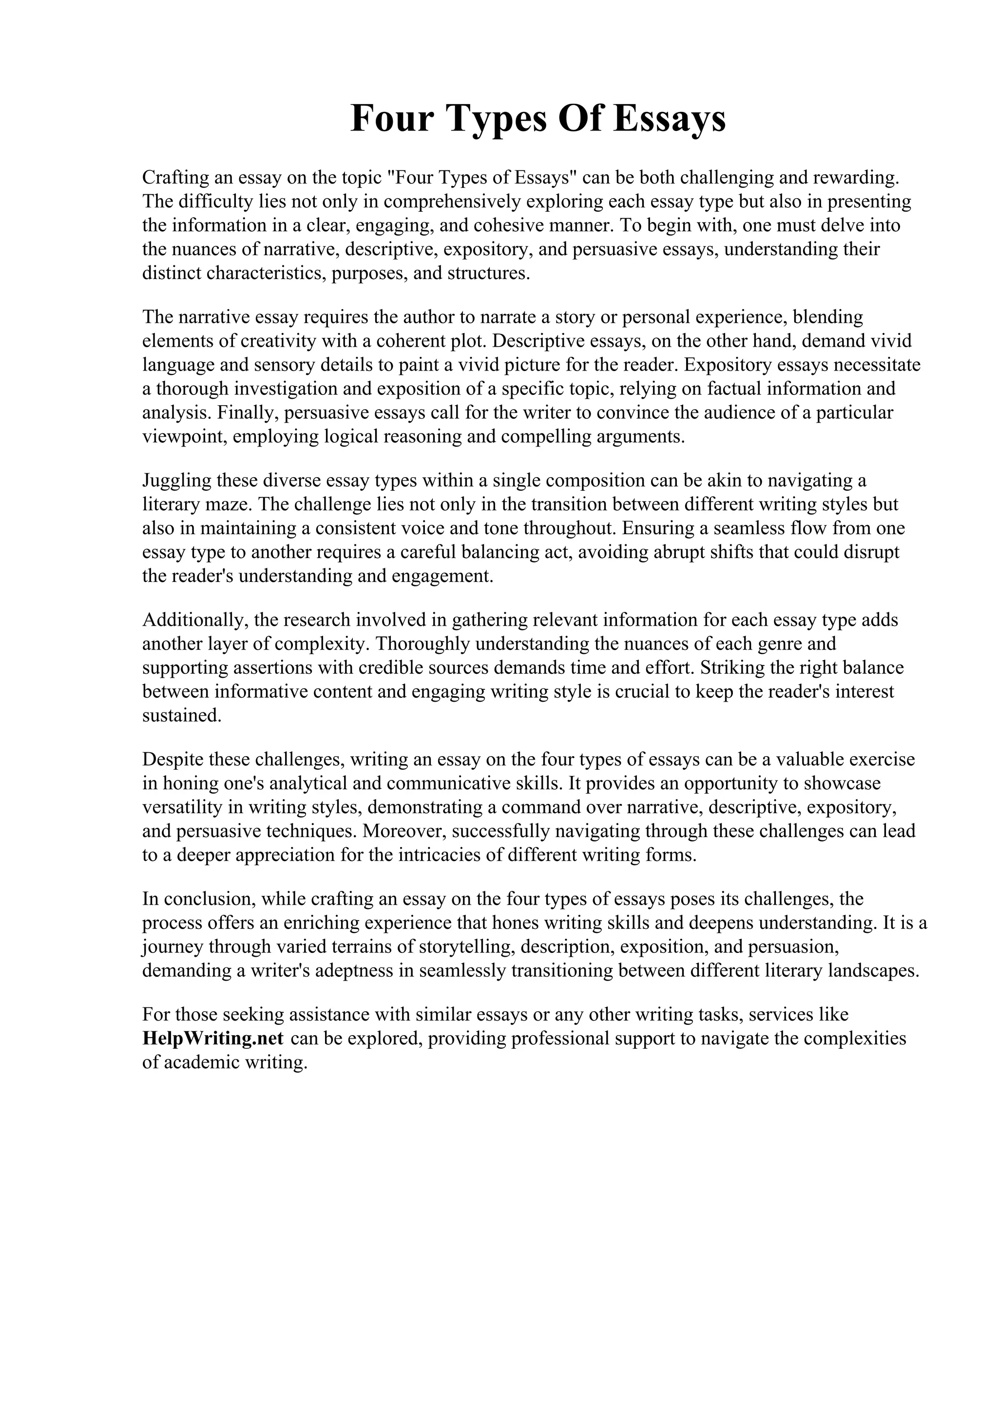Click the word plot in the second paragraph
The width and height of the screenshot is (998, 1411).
pos(469,340)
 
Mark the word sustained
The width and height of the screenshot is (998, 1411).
pos(181,715)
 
